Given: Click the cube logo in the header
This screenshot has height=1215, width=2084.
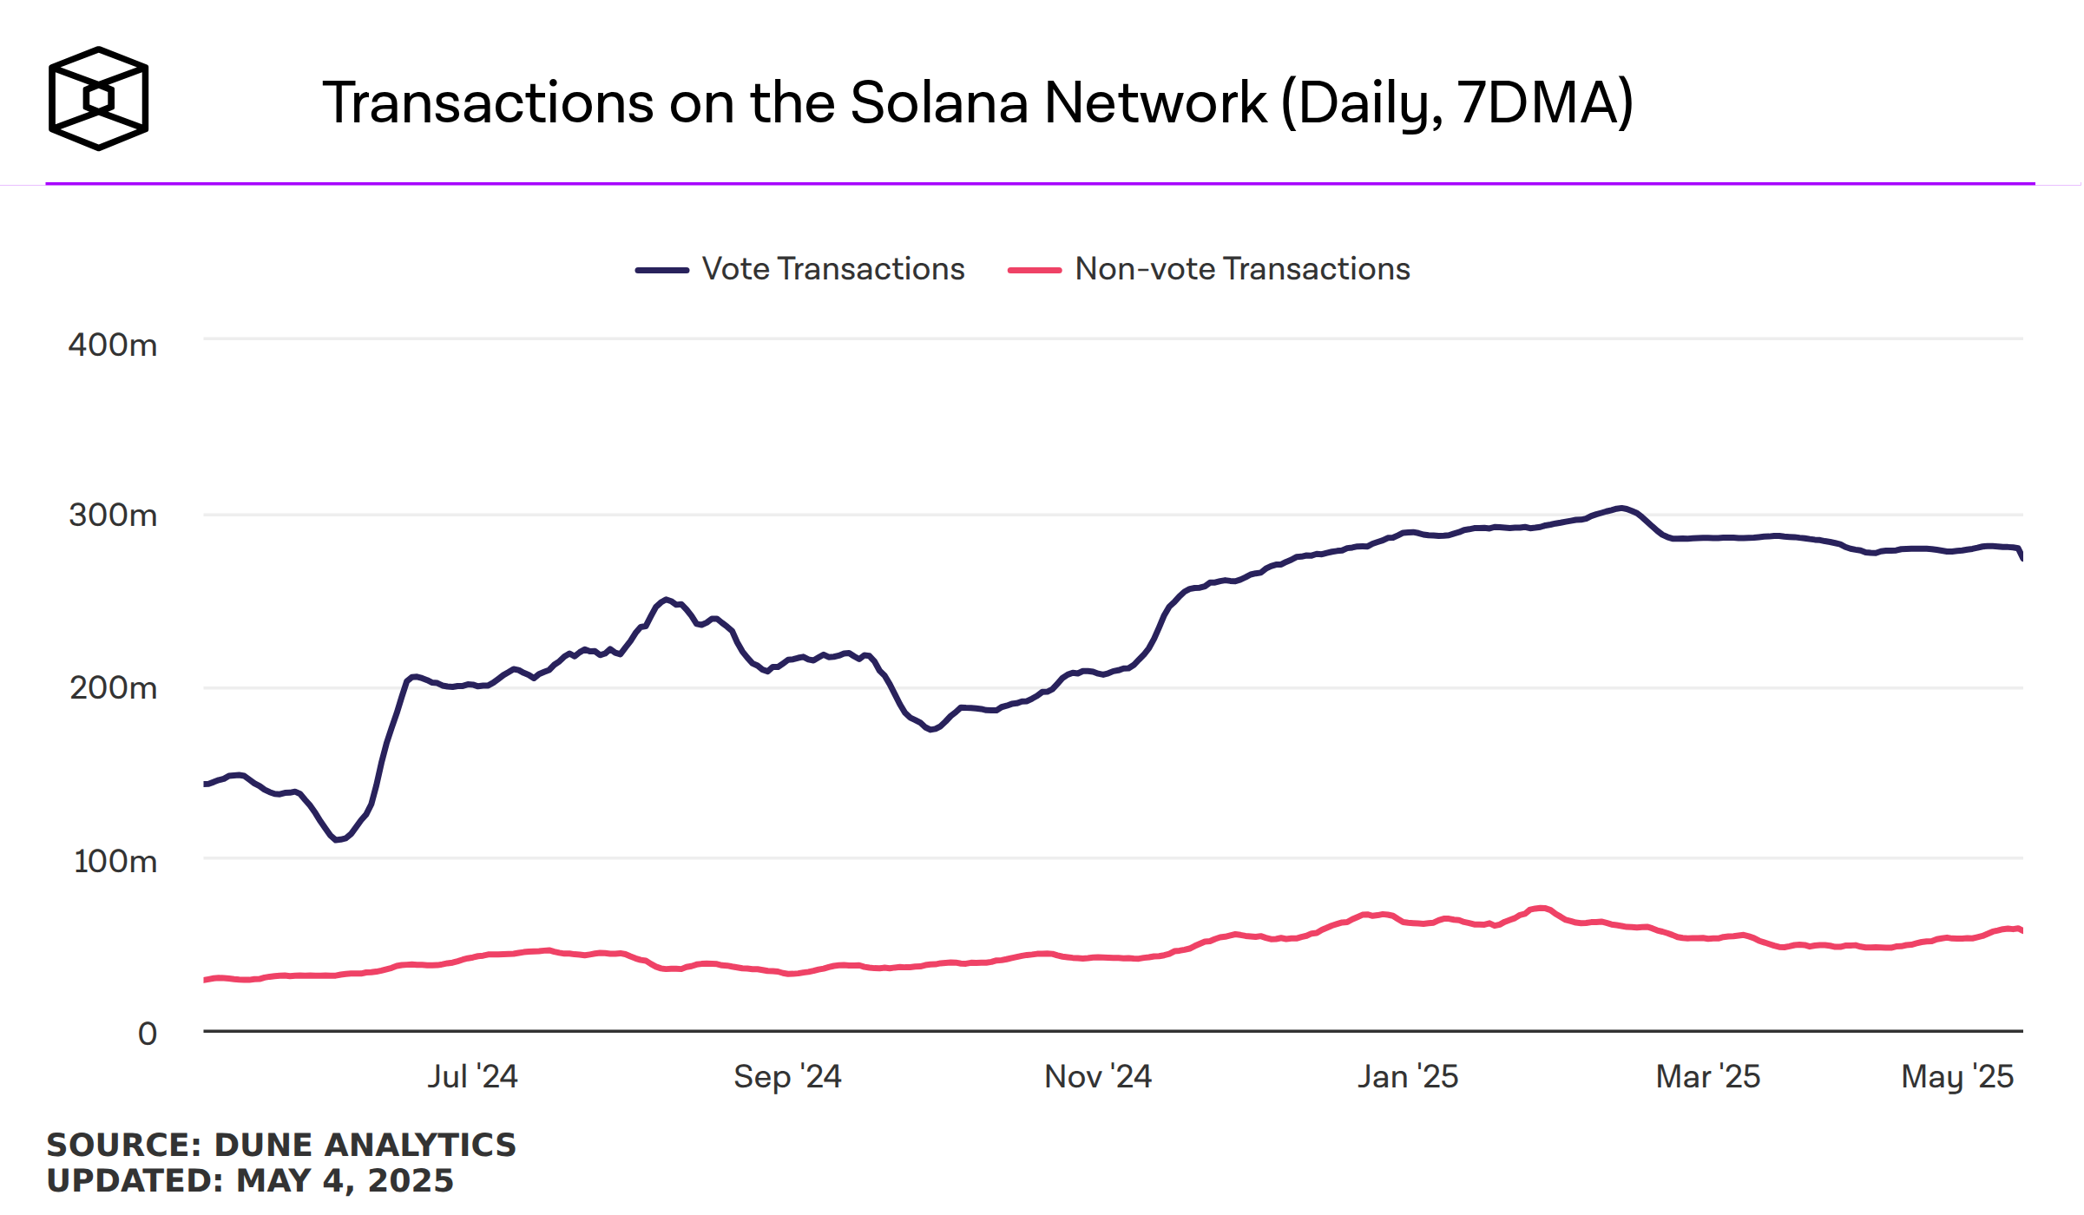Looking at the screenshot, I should click(98, 98).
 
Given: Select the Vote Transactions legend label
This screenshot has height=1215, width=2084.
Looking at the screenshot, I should click(832, 269).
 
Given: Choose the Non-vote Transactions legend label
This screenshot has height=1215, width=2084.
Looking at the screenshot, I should click(1242, 269).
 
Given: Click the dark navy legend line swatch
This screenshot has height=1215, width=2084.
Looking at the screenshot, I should click(661, 270).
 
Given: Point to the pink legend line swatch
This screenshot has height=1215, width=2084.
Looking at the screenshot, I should click(1034, 270).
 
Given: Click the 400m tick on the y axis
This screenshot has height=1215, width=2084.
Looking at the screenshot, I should click(113, 345).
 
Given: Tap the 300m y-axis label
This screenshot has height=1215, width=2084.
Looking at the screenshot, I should click(113, 516).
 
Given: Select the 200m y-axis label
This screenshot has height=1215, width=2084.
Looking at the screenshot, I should click(113, 688).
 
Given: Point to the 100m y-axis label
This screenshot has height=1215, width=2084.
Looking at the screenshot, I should click(115, 862).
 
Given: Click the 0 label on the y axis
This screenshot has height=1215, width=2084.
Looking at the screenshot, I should click(148, 1034).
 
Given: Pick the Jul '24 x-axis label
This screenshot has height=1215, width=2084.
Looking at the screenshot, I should click(472, 1077).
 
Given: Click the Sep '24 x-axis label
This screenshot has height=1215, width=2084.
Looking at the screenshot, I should click(787, 1077).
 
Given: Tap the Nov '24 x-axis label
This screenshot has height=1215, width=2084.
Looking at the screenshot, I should click(1098, 1077).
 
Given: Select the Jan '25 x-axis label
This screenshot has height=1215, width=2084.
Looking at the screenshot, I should click(1408, 1077).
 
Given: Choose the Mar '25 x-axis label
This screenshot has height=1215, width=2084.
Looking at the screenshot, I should click(1707, 1077).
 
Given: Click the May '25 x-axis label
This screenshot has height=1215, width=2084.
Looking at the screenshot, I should click(1957, 1077).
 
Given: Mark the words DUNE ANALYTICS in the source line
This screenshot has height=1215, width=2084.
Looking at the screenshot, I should click(365, 1146).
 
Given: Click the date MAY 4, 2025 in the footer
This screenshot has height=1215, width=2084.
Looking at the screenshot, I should click(345, 1181).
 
